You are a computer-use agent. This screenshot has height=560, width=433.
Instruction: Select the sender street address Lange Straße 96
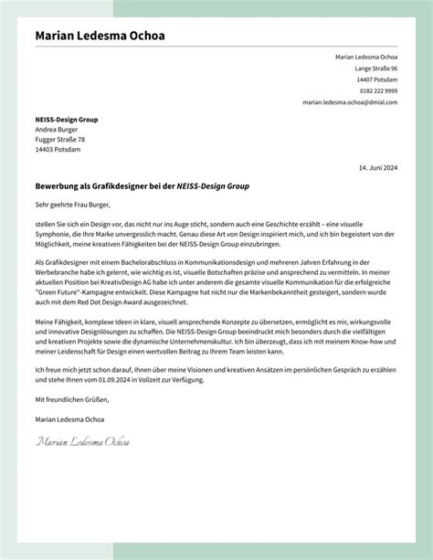pyautogui.click(x=375, y=69)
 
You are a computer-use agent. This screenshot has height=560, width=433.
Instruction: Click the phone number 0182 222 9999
pyautogui.click(x=377, y=91)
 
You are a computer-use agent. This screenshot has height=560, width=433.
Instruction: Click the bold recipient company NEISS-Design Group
pyautogui.click(x=66, y=120)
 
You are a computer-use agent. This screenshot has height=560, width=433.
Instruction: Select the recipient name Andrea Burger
pyautogui.click(x=56, y=130)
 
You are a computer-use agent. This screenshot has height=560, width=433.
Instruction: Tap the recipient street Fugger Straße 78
pyautogui.click(x=60, y=140)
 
